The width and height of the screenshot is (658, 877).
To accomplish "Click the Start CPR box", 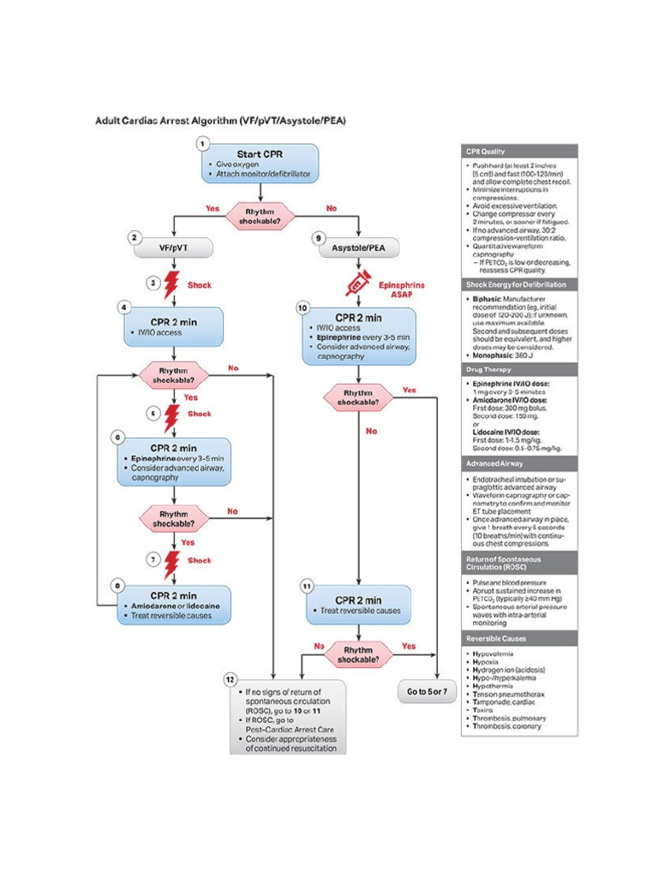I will coord(260,163).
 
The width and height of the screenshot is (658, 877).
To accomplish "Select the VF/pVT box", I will coord(174,248).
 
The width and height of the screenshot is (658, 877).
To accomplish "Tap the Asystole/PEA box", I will coord(359,248).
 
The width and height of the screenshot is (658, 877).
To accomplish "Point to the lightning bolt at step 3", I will coord(174,284).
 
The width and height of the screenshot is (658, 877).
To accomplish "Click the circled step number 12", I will coord(230,679).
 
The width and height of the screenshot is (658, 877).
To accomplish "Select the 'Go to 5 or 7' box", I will coord(427,691).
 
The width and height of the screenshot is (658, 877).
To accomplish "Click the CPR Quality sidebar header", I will coord(519,152).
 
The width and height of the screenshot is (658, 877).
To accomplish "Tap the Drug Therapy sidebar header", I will coord(519,370).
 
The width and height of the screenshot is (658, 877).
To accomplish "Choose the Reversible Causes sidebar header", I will coord(519,639).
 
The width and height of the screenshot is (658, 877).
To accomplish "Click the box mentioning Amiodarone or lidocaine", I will coord(174,605).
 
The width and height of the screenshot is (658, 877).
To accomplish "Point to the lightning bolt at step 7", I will coord(174,561).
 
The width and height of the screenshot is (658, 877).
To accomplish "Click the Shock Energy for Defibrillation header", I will coord(519,284).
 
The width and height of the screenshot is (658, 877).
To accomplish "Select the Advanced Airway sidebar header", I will coord(519,463).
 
